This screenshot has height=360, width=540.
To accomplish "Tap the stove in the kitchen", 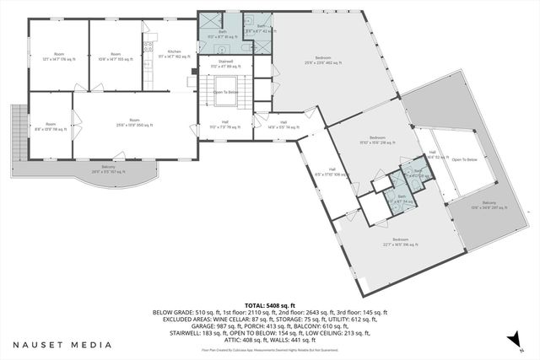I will [148, 47].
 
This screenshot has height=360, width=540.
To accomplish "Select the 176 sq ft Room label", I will [58, 56].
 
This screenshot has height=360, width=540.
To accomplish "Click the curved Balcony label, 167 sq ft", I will [108, 170].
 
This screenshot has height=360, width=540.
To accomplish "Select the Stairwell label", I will [224, 63].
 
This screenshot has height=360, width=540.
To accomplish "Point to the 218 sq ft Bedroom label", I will [376, 140].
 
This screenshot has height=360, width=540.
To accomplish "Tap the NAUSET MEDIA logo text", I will [62, 344].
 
